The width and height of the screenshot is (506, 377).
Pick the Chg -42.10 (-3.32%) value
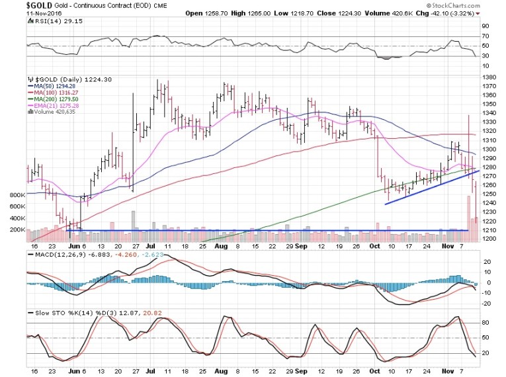[x=463, y=13]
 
